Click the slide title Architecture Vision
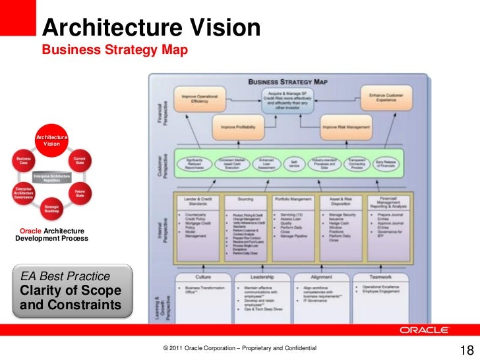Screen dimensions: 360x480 click(152, 28)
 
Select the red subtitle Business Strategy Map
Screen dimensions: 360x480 click(115, 51)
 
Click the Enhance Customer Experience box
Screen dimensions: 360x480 click(386, 98)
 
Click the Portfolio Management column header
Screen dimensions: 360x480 click(293, 199)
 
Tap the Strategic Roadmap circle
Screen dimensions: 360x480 click(52, 210)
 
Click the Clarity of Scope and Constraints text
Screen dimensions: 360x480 click(71, 297)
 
